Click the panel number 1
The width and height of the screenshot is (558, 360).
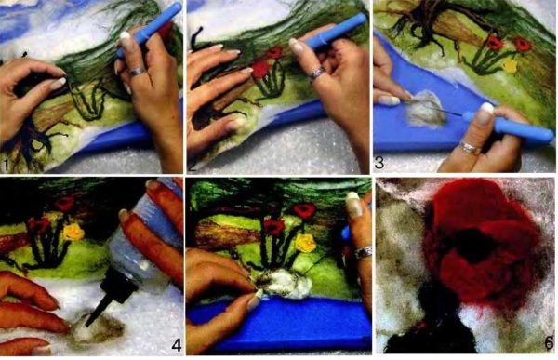point(6,165)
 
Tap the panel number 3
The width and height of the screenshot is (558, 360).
point(379,163)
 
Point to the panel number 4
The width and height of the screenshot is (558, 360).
point(177,345)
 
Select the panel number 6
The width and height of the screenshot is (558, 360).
point(550,342)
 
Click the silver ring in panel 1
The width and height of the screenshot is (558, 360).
point(137,72)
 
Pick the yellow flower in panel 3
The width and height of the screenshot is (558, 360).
point(511,65)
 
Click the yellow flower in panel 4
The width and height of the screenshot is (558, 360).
point(74,233)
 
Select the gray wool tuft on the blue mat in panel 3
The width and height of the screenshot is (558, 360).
point(426,109)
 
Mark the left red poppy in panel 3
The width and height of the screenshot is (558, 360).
point(494,43)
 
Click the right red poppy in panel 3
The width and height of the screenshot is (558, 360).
point(523,45)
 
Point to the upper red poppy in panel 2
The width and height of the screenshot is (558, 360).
point(274,53)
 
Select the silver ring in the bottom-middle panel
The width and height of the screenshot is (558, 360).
point(364,252)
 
